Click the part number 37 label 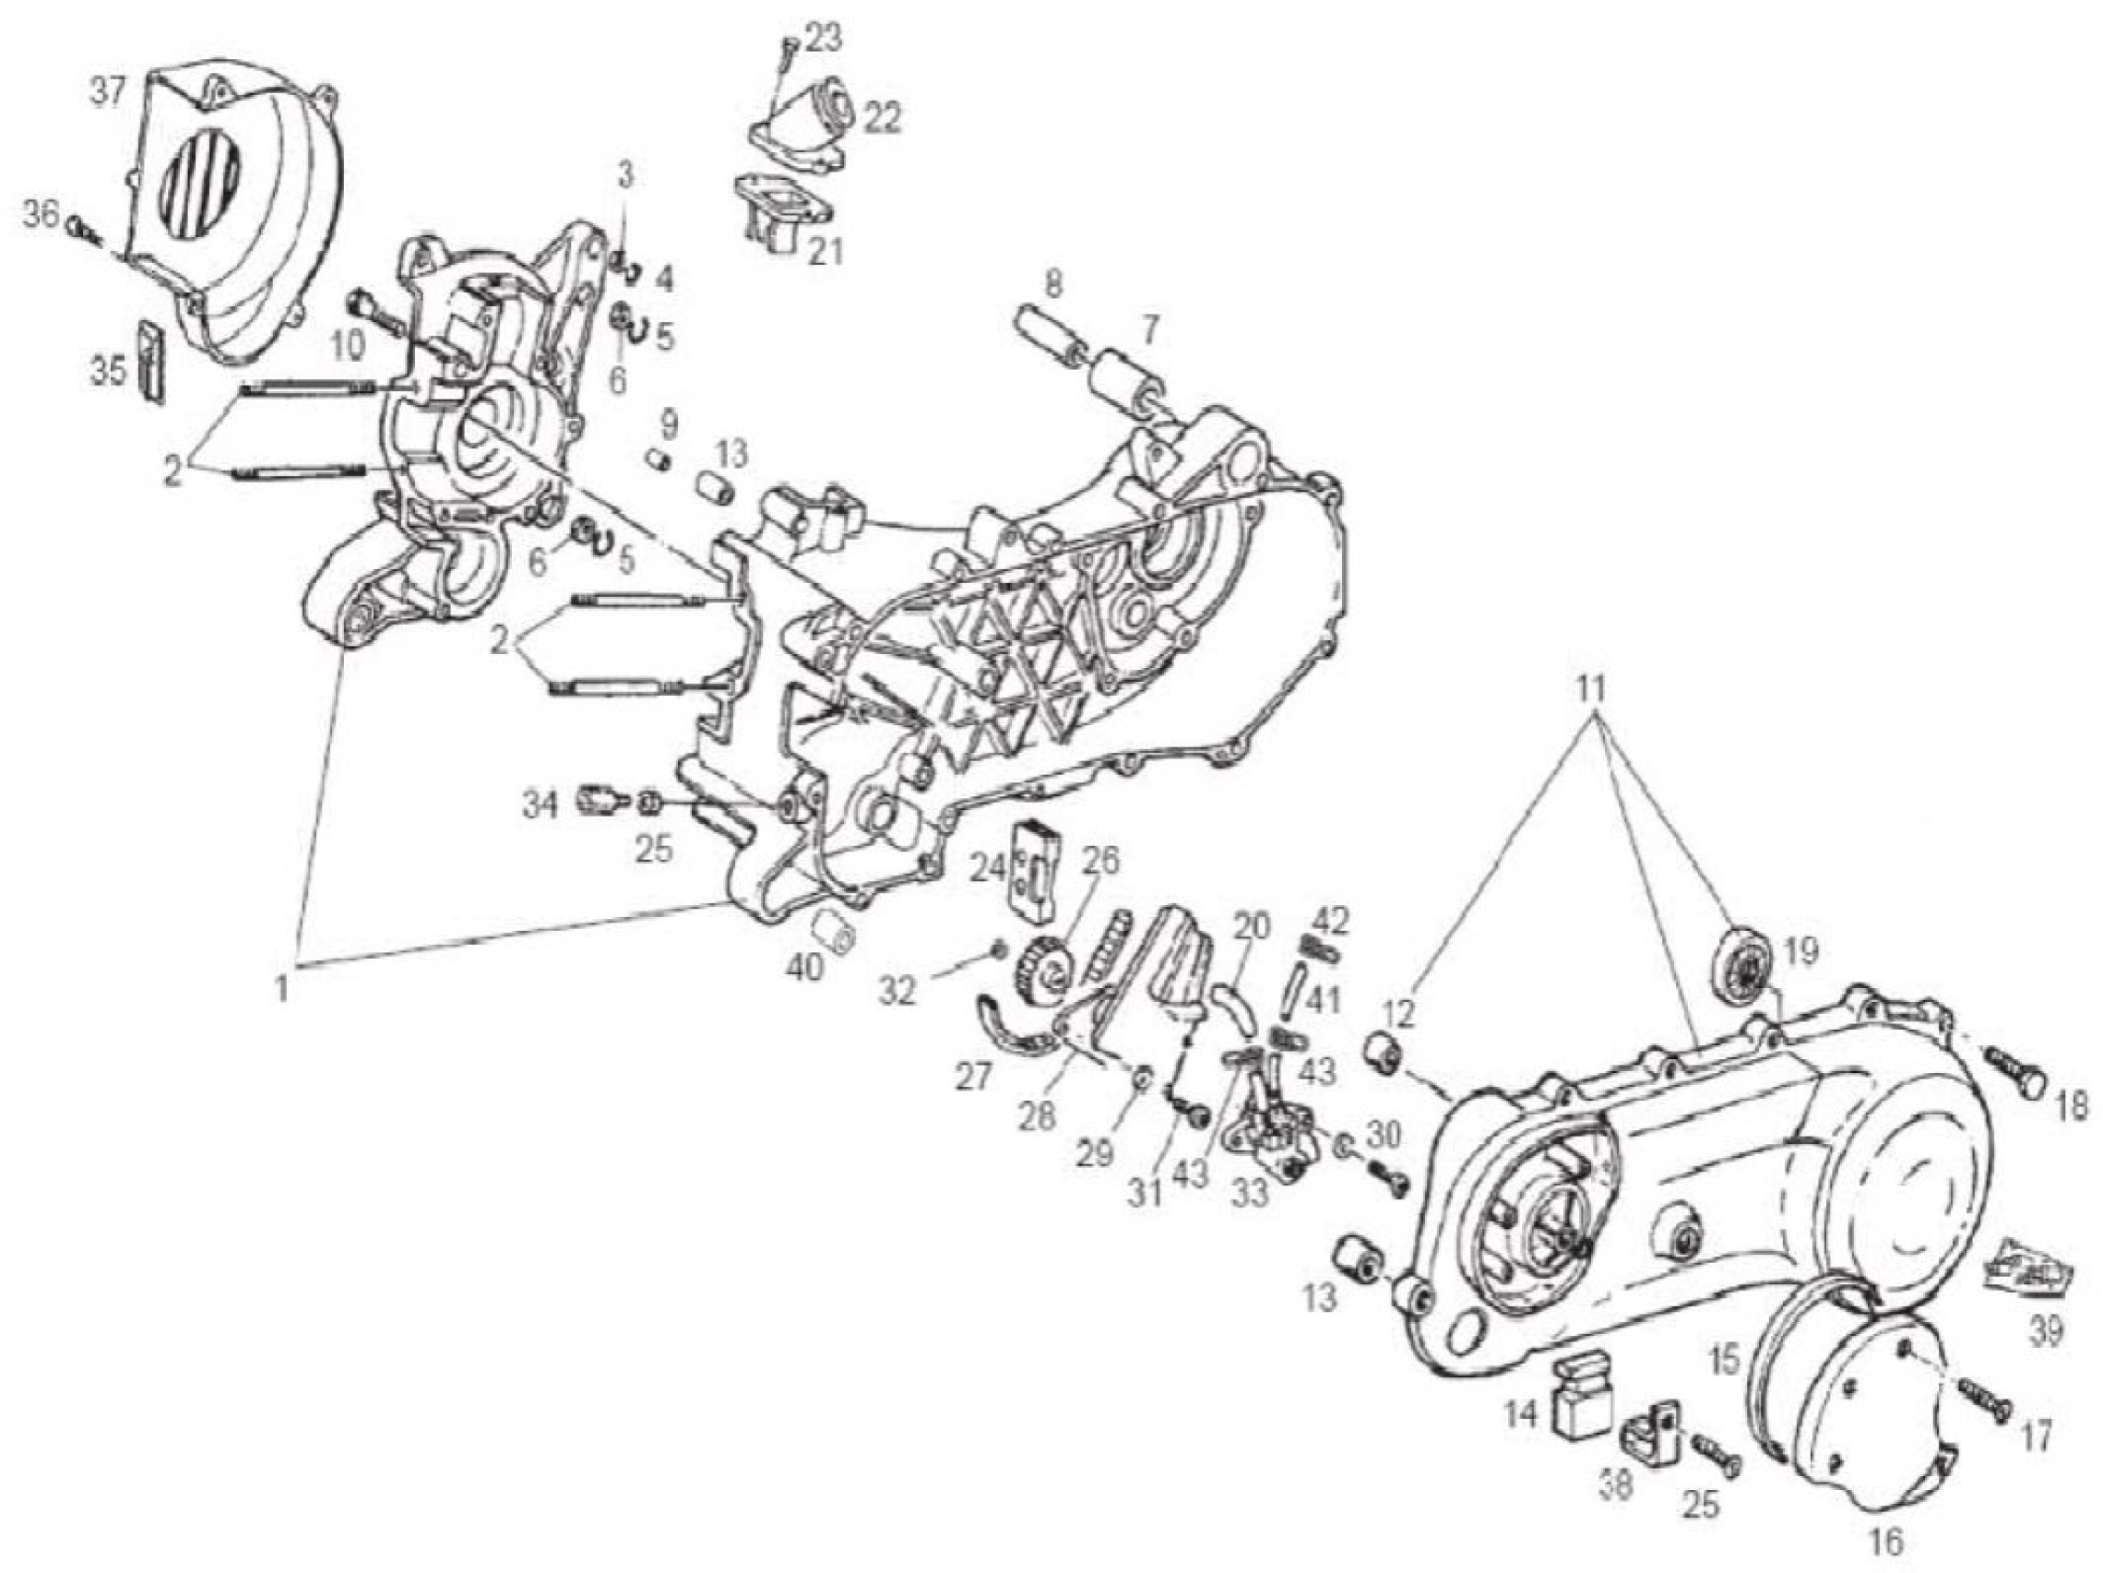pos(106,94)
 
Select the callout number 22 pos(881,118)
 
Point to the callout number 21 pos(826,252)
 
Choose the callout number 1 pos(282,989)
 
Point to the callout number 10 pos(348,345)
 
